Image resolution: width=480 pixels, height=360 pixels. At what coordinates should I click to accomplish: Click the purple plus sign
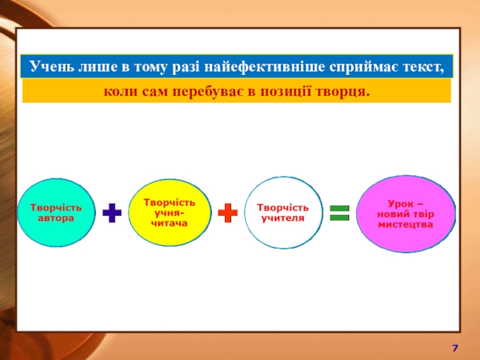112,212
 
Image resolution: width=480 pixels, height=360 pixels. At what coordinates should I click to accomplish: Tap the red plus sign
227,213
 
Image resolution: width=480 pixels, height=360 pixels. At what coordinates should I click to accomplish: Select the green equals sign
339,213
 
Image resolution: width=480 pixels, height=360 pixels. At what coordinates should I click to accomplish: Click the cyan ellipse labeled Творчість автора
56,213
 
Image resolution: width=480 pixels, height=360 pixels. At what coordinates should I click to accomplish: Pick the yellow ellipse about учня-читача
170,212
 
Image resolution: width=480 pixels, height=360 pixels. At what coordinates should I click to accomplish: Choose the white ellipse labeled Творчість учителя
283,213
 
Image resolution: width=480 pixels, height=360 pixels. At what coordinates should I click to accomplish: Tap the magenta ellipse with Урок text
406,214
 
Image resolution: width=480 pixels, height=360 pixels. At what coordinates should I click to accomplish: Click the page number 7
455,348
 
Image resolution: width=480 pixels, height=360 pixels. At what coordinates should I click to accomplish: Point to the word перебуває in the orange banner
208,92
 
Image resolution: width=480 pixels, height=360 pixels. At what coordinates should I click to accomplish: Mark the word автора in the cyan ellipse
56,218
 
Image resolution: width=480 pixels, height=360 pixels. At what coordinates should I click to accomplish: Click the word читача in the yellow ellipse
169,223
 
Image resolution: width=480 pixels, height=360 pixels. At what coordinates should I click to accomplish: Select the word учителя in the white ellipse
283,218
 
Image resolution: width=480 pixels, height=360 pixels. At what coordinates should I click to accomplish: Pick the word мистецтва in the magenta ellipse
406,224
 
